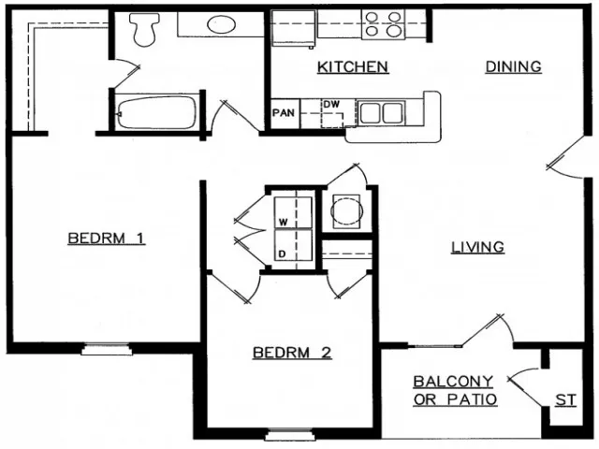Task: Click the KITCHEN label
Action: [x=353, y=66]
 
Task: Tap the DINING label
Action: [x=513, y=66]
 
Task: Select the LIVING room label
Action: [x=477, y=247]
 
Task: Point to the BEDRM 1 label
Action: [x=106, y=238]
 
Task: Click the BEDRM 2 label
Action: [x=292, y=353]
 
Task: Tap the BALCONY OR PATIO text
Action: [x=454, y=390]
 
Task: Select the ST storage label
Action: [x=565, y=399]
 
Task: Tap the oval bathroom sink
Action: [x=222, y=23]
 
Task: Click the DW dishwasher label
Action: [x=330, y=104]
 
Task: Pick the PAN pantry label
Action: [x=283, y=113]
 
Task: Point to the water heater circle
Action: [x=346, y=210]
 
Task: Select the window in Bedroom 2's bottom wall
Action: [x=285, y=435]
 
